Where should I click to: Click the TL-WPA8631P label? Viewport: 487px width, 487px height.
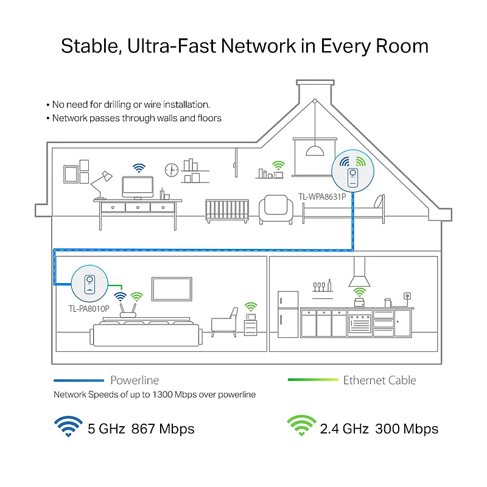tap(322, 197)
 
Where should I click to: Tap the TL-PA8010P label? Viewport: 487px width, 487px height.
tap(89, 309)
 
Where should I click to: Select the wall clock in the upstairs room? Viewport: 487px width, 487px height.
tap(172, 170)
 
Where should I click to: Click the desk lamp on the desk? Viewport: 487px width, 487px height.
tap(101, 185)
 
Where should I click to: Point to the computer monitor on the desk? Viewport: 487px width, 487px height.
tap(138, 187)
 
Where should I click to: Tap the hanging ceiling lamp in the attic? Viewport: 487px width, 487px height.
tap(315, 151)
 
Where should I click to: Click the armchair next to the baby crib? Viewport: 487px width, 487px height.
tap(276, 209)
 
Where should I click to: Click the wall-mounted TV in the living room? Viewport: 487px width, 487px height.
tap(172, 289)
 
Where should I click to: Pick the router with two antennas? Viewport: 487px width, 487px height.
tap(128, 311)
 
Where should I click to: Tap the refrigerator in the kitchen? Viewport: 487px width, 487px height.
tap(288, 314)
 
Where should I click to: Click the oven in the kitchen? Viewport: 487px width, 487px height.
tap(360, 323)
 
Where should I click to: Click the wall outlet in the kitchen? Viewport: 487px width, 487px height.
tap(407, 296)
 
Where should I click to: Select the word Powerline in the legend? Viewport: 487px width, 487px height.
tap(135, 380)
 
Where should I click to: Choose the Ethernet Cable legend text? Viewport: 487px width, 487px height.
tap(379, 380)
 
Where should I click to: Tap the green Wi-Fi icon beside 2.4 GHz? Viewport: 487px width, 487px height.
tap(301, 426)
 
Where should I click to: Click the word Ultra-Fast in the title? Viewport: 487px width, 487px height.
tap(172, 46)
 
